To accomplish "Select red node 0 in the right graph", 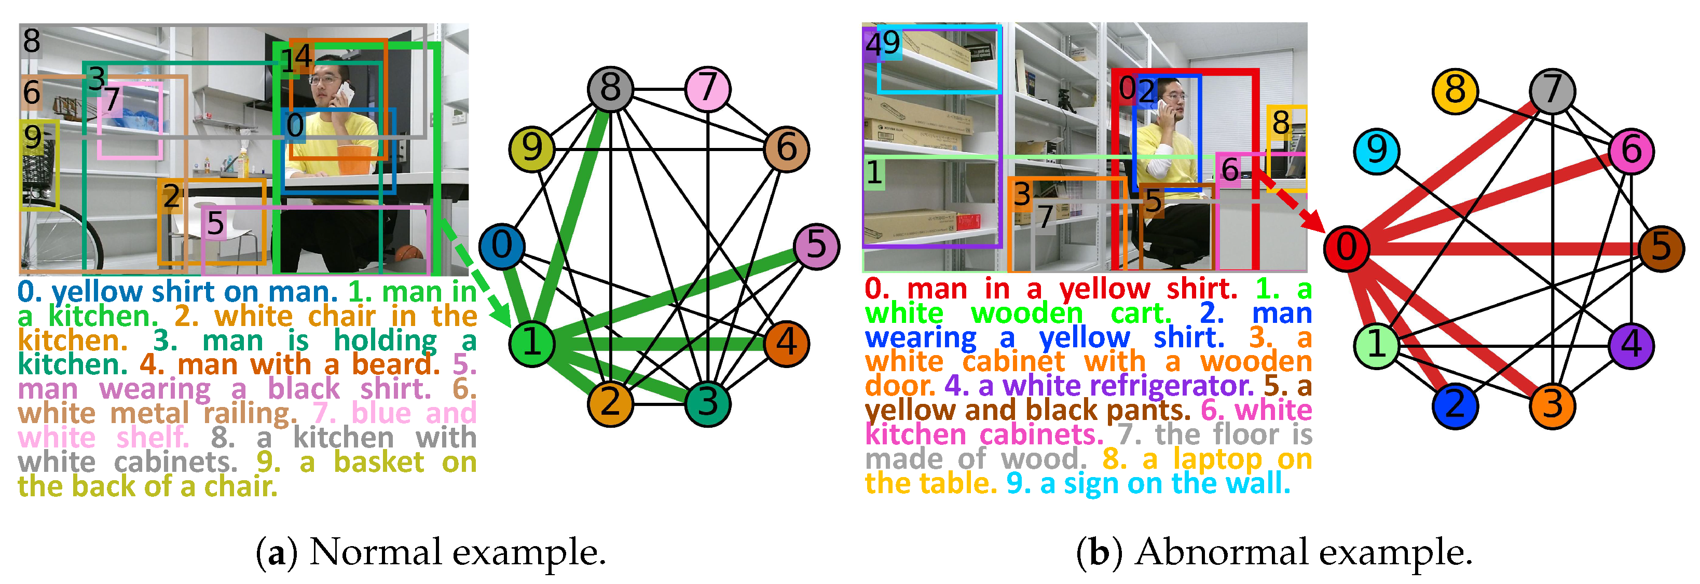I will click(x=1346, y=248).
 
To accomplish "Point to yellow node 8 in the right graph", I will click(x=1455, y=90).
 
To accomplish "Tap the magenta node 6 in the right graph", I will click(x=1630, y=151).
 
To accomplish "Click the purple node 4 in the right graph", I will click(x=1630, y=345).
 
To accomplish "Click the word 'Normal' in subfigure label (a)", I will click(x=375, y=552).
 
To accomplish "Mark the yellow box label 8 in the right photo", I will click(x=1281, y=122).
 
